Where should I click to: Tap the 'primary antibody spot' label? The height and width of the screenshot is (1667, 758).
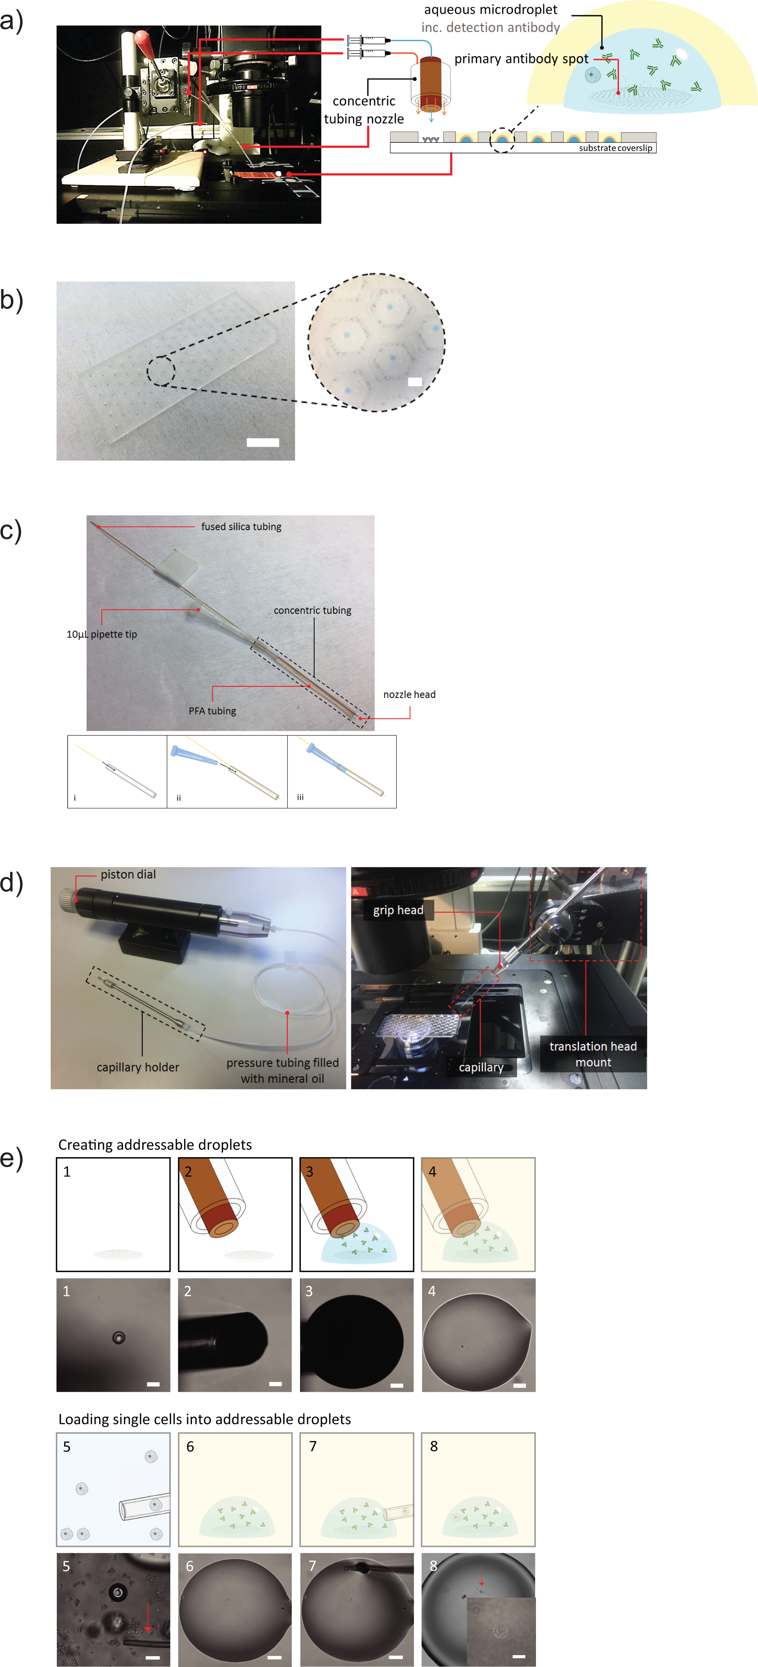pos(521,59)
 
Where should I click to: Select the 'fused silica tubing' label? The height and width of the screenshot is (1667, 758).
pos(241,527)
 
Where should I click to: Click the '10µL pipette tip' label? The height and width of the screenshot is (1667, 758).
pos(102,634)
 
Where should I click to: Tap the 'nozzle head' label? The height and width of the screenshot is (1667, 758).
pos(409,694)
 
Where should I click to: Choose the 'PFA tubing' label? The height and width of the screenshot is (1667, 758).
pos(212,710)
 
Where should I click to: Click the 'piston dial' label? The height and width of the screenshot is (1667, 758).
pos(128,874)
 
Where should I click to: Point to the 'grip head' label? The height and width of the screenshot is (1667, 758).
pos(398,910)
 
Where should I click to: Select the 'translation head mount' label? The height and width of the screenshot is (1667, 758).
pos(593,1054)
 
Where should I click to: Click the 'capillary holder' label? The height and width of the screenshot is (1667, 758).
pos(138,1067)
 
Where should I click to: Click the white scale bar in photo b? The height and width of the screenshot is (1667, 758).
pos(263,443)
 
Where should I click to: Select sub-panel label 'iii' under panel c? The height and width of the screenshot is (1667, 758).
pos(300,797)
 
